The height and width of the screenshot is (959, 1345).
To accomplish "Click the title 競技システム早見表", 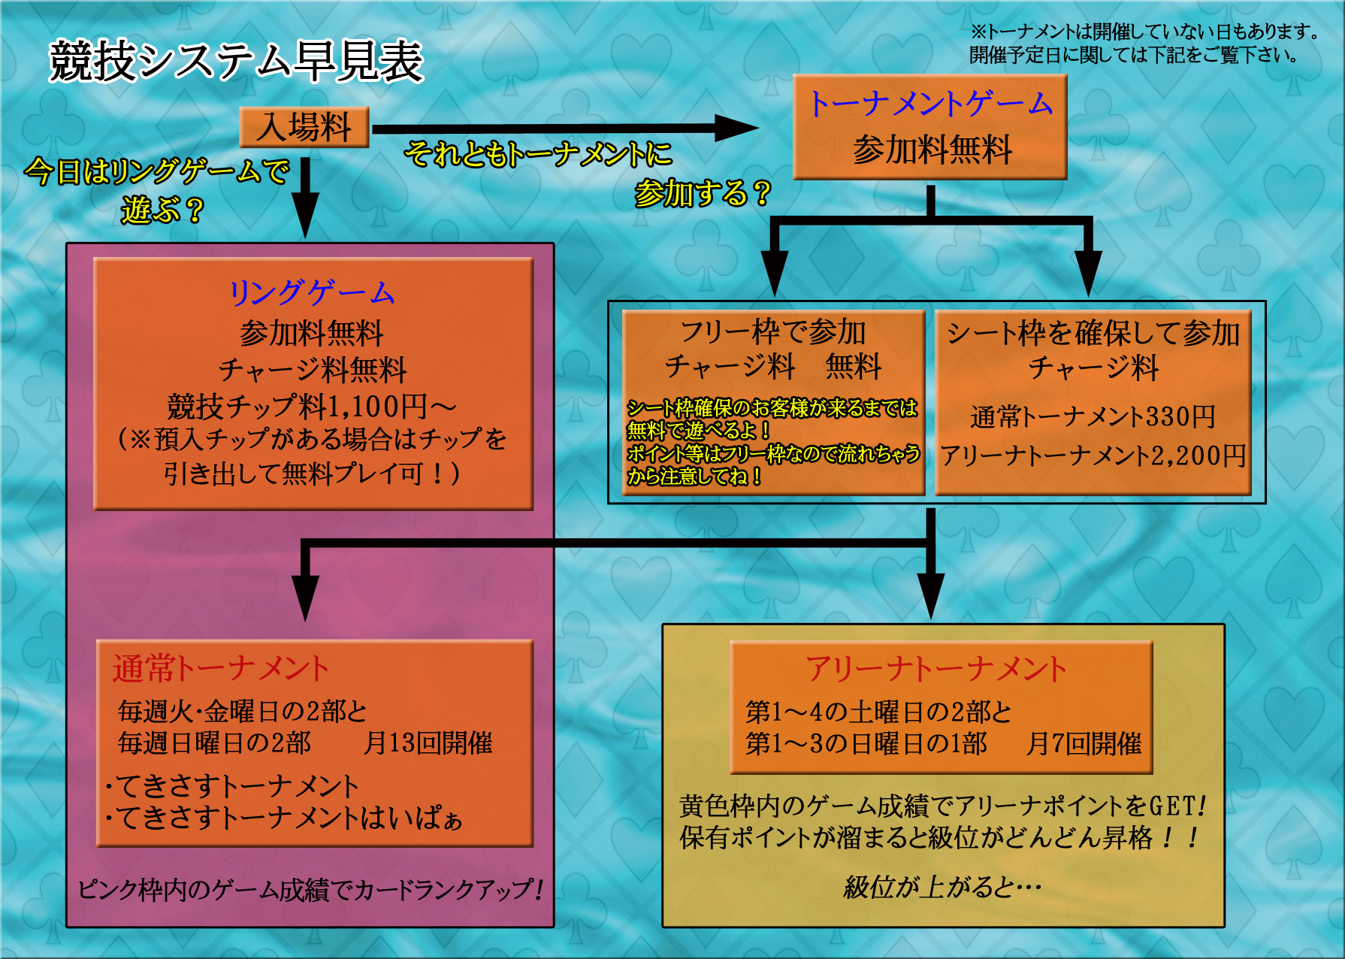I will click(x=236, y=61).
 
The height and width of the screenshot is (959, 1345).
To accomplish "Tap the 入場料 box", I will click(x=304, y=126).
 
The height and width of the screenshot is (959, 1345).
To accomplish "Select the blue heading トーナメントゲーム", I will click(x=930, y=103).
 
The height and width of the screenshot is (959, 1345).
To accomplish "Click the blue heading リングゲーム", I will click(x=312, y=292).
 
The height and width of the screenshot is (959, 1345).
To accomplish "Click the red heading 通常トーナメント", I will click(x=220, y=668).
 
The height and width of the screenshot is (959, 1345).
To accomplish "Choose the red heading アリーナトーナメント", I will click(x=935, y=668).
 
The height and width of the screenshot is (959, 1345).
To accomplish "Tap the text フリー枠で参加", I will click(x=773, y=331).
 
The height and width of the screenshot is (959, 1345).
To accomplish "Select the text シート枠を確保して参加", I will click(x=1093, y=332).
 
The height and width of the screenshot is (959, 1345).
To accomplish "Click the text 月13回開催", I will click(x=428, y=743).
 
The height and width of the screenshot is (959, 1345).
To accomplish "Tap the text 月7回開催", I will click(x=1084, y=743).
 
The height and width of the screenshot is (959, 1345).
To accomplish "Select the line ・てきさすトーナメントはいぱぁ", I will click(x=284, y=818).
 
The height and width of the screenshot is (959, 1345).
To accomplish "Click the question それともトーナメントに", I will click(x=538, y=154).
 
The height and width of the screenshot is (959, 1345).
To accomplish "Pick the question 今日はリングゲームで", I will click(x=156, y=171).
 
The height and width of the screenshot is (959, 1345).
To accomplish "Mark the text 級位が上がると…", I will click(x=942, y=887).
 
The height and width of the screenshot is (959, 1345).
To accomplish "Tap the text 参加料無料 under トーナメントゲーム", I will click(x=932, y=150).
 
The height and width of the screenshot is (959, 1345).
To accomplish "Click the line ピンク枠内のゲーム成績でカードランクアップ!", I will click(x=310, y=890).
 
